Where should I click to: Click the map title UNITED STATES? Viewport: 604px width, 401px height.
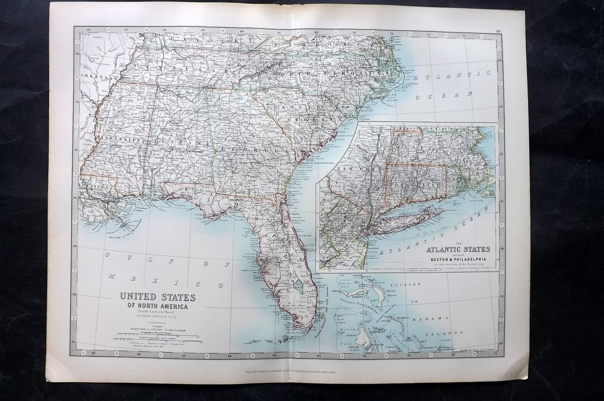click(x=158, y=297)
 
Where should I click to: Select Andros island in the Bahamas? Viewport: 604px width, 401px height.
click(x=364, y=334)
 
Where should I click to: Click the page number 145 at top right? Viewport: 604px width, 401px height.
click(x=498, y=32)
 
